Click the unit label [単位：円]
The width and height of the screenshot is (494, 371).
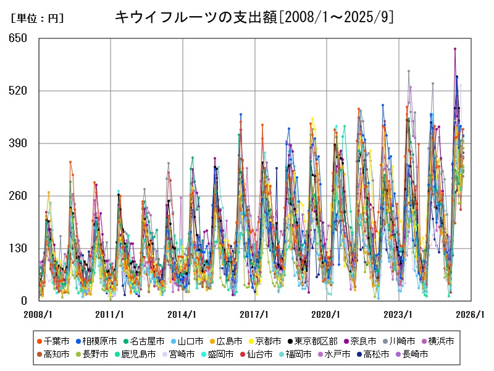tap(37, 19)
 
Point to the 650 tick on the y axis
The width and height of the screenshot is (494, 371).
tap(19, 38)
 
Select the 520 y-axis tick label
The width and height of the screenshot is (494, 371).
tap(19, 91)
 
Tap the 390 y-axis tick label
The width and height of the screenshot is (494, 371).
tap(19, 143)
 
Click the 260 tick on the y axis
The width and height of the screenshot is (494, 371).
tap(19, 196)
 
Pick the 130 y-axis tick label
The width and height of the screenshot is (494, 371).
tap(19, 249)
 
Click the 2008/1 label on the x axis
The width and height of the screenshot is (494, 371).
tap(38, 314)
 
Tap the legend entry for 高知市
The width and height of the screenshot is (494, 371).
tap(53, 354)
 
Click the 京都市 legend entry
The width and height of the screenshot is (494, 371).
tap(264, 341)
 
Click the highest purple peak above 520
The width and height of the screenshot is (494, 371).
tap(455, 48)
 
